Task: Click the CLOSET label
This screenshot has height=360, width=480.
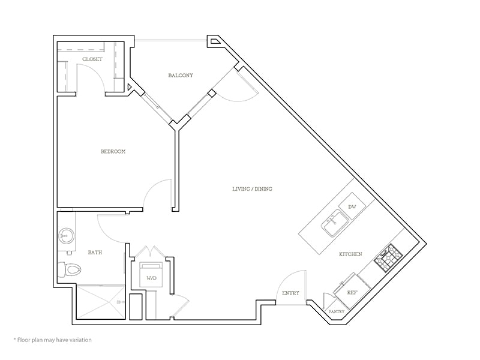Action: (92, 59)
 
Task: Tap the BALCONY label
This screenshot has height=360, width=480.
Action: (180, 75)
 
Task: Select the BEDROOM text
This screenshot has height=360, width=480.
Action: (113, 152)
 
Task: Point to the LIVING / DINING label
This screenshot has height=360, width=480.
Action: (252, 189)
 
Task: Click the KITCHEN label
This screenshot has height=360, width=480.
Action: (350, 254)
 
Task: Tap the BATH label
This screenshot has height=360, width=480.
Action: (95, 253)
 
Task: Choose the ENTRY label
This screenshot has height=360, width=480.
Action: (290, 293)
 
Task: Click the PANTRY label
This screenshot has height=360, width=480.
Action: (336, 312)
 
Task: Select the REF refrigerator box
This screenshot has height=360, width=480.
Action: (353, 292)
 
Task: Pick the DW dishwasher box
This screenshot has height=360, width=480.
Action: (352, 206)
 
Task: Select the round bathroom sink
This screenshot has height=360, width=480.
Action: (66, 236)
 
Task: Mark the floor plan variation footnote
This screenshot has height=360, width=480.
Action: (52, 340)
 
